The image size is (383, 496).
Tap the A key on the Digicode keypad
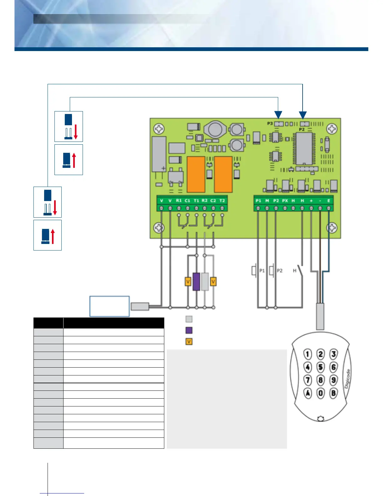coord(308,393)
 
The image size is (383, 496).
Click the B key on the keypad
coord(334,393)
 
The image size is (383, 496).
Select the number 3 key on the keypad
coord(334,354)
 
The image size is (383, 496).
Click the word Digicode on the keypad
coord(347,379)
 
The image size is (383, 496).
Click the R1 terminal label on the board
coord(179,200)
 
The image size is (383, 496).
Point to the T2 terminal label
coord(222,200)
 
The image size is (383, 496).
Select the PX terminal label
coord(285,200)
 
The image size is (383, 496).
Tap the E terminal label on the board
coord(329,200)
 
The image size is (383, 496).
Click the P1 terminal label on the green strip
coord(258,200)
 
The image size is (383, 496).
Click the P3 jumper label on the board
coord(270,124)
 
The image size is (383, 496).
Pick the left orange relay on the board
coord(196,174)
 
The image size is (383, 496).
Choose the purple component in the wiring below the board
coord(196,282)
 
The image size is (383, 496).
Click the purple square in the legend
coord(189,330)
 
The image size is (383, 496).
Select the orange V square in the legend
coord(189,342)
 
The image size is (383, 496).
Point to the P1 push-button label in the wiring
coord(262,271)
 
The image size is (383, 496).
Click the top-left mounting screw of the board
coord(160,129)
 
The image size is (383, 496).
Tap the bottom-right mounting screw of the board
coord(332,228)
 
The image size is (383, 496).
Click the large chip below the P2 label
coord(304,148)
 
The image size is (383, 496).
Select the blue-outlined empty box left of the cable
coord(110,306)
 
